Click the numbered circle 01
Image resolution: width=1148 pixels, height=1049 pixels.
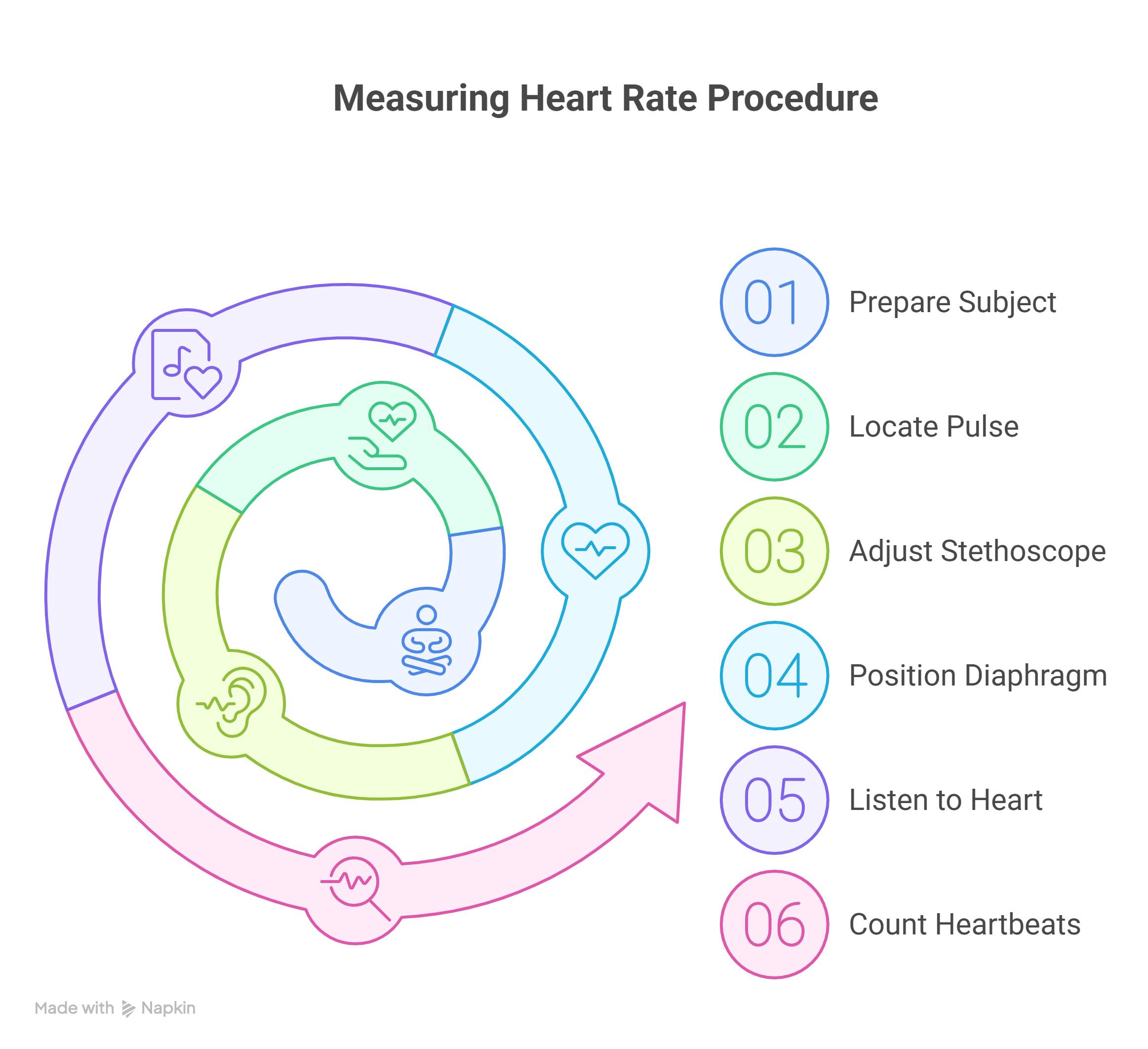tap(774, 302)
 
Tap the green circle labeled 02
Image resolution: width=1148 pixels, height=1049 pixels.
tap(774, 427)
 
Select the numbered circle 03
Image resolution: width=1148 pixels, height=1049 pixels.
tap(774, 551)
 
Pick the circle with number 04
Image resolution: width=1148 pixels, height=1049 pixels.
tap(774, 676)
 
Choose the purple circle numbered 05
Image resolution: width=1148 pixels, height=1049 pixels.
tap(774, 800)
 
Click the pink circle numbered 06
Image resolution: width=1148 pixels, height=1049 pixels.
tap(774, 924)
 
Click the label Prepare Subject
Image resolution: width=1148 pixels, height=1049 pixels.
tap(952, 302)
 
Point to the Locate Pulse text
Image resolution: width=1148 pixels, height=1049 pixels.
tap(933, 427)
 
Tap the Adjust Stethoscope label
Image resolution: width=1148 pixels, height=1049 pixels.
tap(977, 551)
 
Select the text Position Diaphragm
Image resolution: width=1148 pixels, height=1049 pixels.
tap(978, 676)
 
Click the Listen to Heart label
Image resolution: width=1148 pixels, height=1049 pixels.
tap(945, 800)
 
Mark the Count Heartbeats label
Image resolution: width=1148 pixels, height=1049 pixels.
tap(964, 924)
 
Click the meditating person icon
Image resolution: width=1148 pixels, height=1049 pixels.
tap(426, 641)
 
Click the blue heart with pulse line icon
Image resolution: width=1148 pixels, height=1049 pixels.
tap(595, 550)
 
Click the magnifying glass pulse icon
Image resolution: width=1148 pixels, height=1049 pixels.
tap(355, 888)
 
